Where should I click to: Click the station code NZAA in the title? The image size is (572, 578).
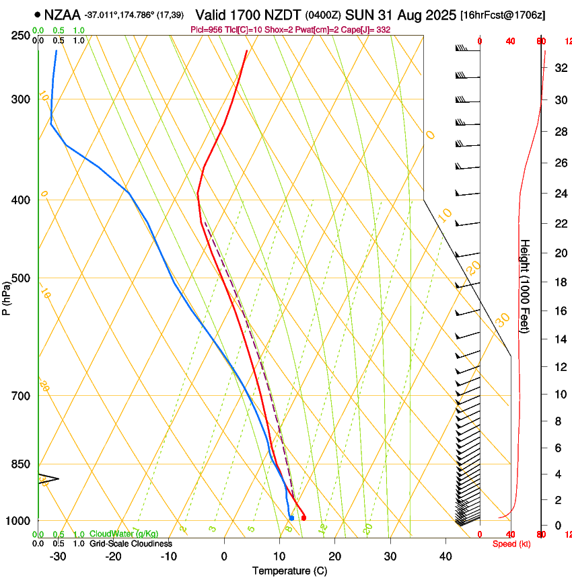(63, 14)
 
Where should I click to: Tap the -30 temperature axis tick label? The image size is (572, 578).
(58, 556)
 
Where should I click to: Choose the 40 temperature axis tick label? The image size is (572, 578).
(445, 556)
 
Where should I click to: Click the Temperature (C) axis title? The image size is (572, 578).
(289, 571)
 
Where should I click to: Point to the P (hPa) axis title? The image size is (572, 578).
(7, 296)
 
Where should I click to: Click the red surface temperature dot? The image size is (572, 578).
(303, 518)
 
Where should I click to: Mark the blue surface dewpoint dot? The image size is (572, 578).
(291, 518)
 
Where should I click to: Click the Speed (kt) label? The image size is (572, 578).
(511, 544)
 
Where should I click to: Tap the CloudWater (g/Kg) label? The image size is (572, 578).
(123, 534)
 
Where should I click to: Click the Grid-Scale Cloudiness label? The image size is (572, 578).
(130, 544)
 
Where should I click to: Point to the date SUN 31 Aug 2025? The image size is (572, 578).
(401, 14)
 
